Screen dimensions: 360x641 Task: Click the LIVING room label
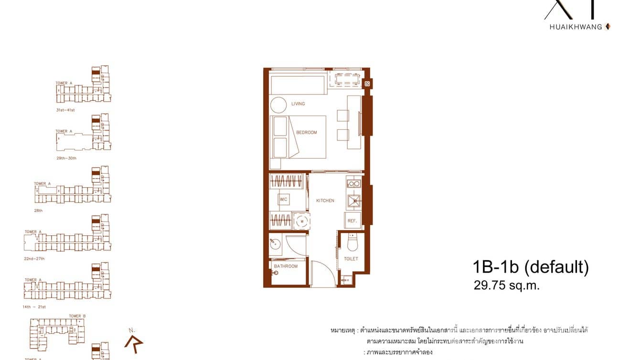[298, 104]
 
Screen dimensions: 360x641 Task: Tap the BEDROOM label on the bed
[306, 132]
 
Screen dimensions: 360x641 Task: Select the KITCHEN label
[325, 201]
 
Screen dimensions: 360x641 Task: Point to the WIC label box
[283, 199]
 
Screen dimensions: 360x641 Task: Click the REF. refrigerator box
[353, 221]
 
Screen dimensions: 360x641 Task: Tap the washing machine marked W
[301, 221]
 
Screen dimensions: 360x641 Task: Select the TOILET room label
[351, 259]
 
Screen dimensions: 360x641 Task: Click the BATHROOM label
[286, 266]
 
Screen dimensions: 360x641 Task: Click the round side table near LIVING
[278, 105]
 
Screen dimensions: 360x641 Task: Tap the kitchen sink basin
[354, 201]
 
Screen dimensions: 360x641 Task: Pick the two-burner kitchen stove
[353, 183]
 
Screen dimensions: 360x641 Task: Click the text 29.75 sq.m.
[506, 286]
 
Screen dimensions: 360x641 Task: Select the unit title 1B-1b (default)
[531, 266]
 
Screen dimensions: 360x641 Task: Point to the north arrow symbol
[132, 343]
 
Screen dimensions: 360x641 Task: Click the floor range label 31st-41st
[65, 110]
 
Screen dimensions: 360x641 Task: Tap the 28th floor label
[38, 211]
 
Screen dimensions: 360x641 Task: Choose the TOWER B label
[77, 316]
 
